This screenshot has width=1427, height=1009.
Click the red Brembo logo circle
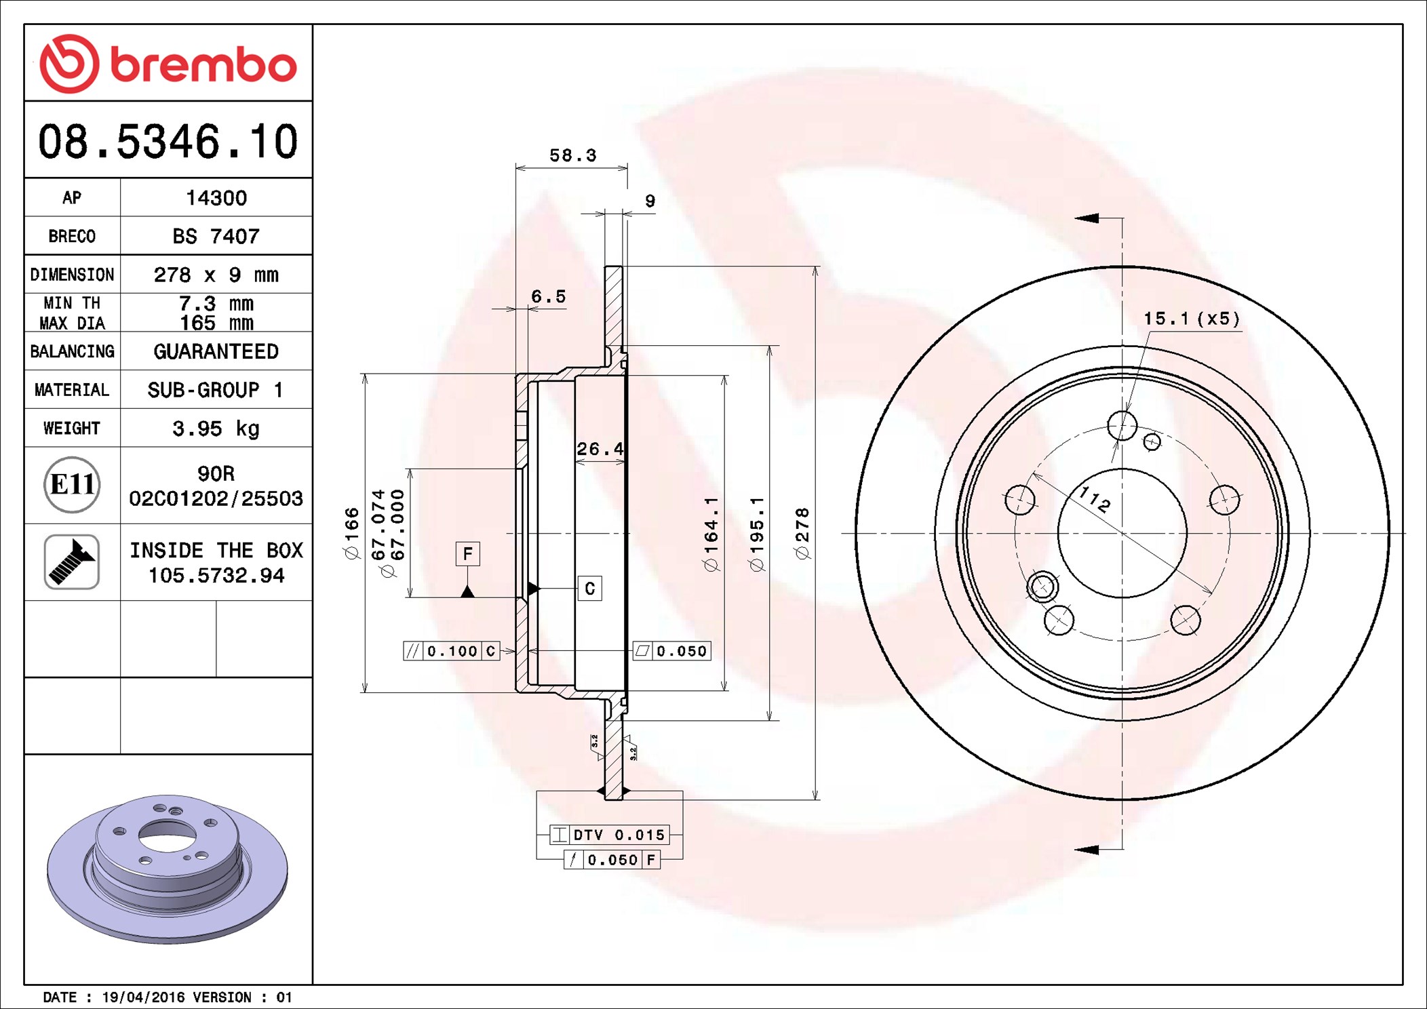coord(69,64)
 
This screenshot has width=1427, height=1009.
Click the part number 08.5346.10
coord(168,142)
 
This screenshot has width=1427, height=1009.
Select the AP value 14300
coord(216,198)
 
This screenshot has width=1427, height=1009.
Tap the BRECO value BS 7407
coord(216,236)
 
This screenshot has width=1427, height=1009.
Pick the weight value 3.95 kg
coord(216,429)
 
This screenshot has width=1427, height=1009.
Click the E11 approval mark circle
coord(72,485)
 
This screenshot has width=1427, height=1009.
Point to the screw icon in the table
coord(72,561)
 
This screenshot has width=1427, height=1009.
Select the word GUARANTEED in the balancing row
coord(216,351)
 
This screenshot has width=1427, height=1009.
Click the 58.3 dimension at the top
coord(572,156)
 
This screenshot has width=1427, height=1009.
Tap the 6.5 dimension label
coord(548,297)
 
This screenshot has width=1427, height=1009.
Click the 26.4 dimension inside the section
coord(600,449)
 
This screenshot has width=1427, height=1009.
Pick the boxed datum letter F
coord(467,554)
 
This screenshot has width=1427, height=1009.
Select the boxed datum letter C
coord(589,589)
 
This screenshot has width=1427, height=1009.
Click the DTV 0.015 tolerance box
coord(610,835)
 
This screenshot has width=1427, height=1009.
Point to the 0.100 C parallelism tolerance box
coord(452,651)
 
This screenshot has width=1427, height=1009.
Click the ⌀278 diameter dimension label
coord(802,534)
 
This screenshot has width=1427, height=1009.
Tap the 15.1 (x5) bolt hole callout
coord(1192,319)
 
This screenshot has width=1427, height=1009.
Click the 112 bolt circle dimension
coord(1094,499)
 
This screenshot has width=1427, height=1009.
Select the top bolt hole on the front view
coord(1122,426)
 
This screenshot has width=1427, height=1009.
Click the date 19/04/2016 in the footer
coord(143,997)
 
